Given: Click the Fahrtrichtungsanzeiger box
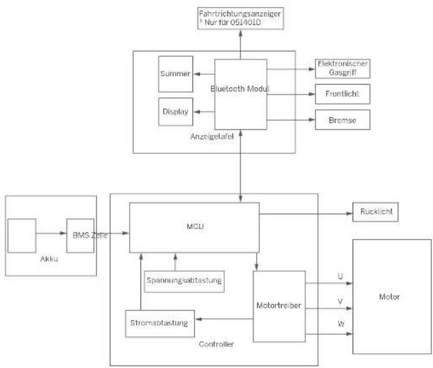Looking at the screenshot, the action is (x=241, y=19).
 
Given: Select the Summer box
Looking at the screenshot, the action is (x=176, y=74).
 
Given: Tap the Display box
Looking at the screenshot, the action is (x=176, y=112).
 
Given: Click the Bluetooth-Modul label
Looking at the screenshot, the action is (x=239, y=89).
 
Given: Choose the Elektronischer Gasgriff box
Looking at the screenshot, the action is (x=342, y=68).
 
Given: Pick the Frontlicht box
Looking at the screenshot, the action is (x=342, y=94).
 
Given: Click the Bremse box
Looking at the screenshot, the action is (x=342, y=119).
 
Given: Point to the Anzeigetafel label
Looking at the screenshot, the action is (x=212, y=137).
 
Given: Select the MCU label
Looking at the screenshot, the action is (x=195, y=226).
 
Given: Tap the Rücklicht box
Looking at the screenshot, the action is (x=376, y=212).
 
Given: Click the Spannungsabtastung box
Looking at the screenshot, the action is (x=184, y=282).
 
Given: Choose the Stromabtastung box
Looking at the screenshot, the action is (x=160, y=323).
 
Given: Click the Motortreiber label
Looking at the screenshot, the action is (x=278, y=305).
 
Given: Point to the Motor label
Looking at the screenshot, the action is (x=390, y=296).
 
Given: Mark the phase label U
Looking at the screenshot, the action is (x=340, y=276).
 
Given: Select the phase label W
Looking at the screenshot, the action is (x=341, y=323).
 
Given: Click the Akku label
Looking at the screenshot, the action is (x=49, y=259).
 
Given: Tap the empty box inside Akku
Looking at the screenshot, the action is (x=22, y=236).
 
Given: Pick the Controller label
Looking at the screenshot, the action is (x=216, y=344).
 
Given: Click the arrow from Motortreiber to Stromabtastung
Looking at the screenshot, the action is (x=224, y=319).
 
